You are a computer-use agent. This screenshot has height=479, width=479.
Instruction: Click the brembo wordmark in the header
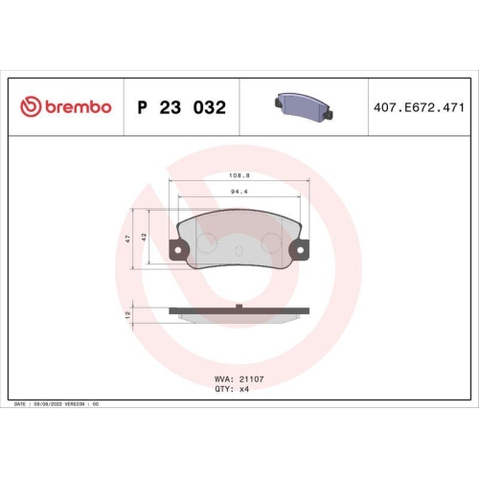click(77, 107)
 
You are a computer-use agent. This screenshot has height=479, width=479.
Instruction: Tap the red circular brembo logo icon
click(31, 107)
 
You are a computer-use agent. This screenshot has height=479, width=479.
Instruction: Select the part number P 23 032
click(182, 107)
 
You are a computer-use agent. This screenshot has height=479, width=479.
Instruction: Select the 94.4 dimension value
click(239, 193)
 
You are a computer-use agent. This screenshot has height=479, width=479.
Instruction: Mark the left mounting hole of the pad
click(176, 253)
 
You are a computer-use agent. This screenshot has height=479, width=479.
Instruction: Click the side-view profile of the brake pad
click(239, 313)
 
